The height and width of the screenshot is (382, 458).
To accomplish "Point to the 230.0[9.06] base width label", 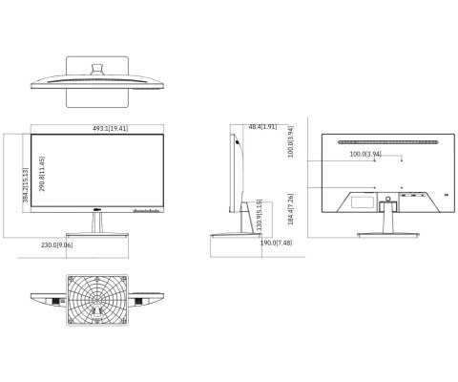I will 57,245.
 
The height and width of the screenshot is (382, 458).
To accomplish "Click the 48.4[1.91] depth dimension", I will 262,127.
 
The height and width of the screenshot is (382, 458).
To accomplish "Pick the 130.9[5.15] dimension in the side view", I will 259,214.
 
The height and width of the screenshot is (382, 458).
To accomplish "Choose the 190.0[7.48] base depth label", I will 275,244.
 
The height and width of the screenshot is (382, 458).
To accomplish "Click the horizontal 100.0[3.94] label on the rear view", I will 364,154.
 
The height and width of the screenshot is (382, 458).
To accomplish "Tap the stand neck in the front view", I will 96,223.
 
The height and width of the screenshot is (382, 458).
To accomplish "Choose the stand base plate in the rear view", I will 387,233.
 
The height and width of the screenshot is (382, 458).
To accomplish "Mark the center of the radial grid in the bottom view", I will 96,299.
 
